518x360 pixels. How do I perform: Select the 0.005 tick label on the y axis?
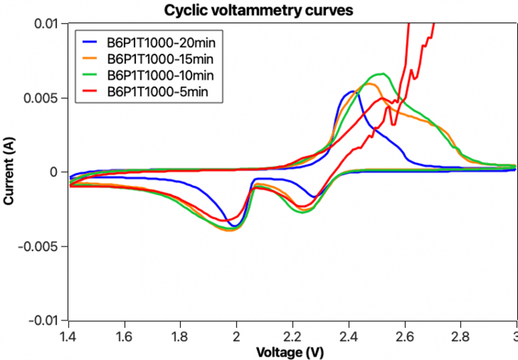click(x=44, y=98)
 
